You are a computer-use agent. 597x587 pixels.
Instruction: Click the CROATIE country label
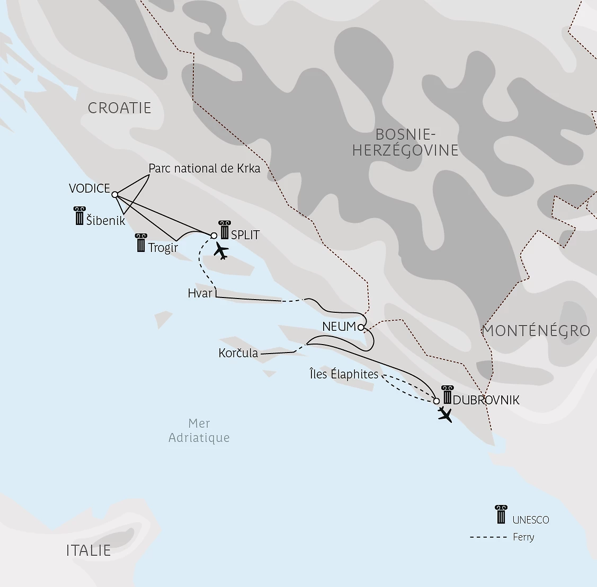click(x=119, y=108)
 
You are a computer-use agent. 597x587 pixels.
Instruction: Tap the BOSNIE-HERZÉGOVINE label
click(x=405, y=142)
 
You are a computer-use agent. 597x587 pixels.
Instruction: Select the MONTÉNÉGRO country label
click(x=536, y=331)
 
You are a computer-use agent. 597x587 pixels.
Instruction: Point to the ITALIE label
click(x=88, y=550)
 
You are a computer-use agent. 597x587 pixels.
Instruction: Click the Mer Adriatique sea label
click(x=199, y=430)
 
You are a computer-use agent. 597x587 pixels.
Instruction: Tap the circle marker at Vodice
click(x=114, y=194)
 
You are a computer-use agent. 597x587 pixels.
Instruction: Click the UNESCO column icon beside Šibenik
click(x=79, y=216)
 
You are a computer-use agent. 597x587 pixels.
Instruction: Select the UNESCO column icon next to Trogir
click(x=141, y=242)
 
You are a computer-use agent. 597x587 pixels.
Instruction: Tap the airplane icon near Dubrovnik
click(x=446, y=414)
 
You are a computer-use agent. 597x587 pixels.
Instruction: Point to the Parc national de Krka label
click(x=204, y=168)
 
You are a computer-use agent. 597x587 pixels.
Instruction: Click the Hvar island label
click(x=200, y=293)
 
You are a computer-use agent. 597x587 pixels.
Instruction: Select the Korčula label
click(x=238, y=353)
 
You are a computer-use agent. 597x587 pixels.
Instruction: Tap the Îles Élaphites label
click(x=344, y=374)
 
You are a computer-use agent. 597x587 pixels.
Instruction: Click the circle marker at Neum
click(x=361, y=327)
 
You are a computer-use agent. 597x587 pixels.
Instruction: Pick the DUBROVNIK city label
click(x=486, y=400)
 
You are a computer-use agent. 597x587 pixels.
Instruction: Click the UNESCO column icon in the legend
click(x=501, y=514)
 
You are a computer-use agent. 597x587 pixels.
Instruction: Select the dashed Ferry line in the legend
click(x=488, y=537)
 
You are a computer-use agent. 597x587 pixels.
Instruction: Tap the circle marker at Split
click(x=214, y=236)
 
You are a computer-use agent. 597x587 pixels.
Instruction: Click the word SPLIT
click(x=245, y=234)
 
